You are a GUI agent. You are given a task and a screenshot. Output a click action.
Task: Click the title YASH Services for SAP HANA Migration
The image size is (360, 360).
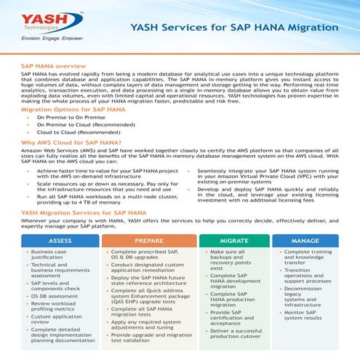click(x=228, y=28)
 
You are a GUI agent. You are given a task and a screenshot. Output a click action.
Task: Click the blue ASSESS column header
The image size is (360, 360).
click(x=60, y=239)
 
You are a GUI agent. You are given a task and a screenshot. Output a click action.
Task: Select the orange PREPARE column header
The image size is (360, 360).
click(x=148, y=239)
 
